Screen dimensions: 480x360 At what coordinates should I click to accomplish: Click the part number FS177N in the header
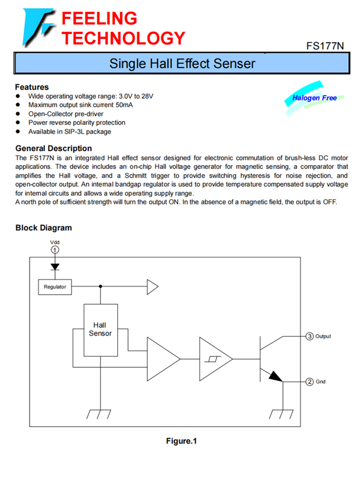(325, 46)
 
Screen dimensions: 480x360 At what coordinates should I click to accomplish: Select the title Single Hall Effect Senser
(182, 63)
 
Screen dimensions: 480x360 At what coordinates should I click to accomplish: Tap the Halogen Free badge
(314, 98)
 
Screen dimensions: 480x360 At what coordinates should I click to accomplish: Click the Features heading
(32, 87)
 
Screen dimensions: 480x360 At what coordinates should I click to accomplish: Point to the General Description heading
(53, 148)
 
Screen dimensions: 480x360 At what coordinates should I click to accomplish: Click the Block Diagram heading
(44, 228)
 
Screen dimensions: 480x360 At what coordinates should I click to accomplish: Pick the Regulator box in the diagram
(55, 287)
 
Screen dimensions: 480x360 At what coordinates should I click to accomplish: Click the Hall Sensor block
(100, 330)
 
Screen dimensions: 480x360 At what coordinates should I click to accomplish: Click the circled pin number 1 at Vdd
(55, 250)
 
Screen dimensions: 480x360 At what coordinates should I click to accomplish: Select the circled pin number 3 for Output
(310, 336)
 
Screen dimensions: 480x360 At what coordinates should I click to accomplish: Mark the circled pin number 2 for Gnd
(310, 382)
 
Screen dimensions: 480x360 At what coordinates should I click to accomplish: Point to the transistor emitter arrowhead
(276, 376)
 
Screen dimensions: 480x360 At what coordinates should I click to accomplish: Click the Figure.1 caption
(181, 441)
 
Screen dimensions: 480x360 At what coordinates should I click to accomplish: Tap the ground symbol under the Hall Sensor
(100, 413)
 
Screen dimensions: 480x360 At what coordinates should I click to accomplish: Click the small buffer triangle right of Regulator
(152, 287)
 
